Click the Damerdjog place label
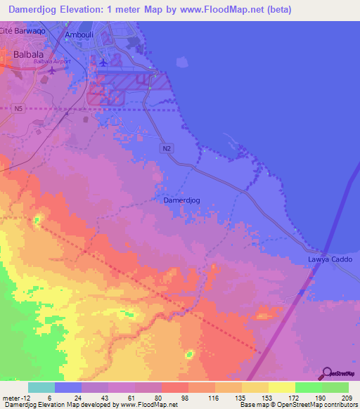[x=181, y=200]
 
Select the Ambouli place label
[x=78, y=34]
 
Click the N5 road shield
[x=19, y=108]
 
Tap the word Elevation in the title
[x=93, y=10]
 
